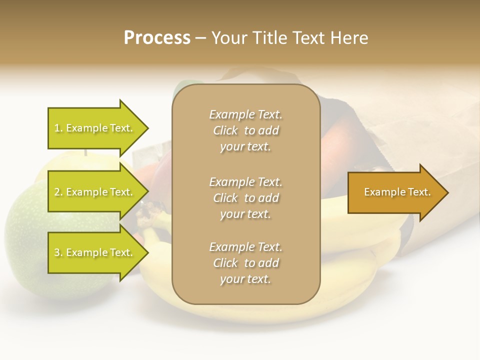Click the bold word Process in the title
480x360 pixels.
157,38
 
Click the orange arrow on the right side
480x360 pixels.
395,192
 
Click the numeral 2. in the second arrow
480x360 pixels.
58,192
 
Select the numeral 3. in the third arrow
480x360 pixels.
58,252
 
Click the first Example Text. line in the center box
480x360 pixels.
245,114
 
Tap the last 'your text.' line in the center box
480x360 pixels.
245,279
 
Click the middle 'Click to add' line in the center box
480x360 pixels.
245,198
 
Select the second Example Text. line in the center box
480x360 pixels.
245,182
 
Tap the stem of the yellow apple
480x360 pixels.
85,152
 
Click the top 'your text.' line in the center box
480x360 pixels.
245,147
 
